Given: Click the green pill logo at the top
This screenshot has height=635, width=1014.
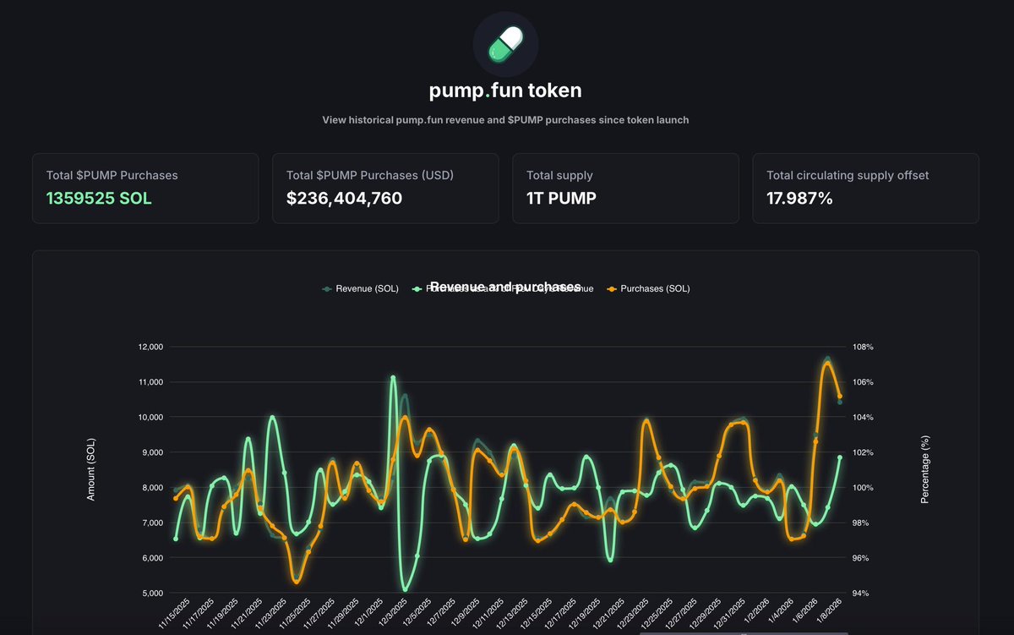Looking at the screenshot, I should pos(505,44).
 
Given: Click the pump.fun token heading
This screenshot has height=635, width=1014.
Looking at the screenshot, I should pos(505,90).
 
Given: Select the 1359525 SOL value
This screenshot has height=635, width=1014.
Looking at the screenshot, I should pos(99,199).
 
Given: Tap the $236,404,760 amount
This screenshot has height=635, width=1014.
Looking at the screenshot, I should pos(344,199).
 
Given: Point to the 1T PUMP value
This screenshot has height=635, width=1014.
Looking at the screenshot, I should pos(562,199).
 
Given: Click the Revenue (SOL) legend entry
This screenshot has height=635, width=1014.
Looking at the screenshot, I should pos(361,288).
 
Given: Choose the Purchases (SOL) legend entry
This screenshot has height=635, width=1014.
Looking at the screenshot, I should pos(654,288).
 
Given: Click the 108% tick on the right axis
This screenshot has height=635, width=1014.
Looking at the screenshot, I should pos(863,348).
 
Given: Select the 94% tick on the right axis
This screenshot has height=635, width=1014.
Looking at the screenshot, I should pos(861,594).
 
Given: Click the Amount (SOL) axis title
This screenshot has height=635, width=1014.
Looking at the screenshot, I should pos(91,469).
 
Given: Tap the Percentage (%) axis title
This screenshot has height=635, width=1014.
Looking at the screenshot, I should pos(924,469).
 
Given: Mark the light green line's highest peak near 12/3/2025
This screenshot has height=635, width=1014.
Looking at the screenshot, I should pos(393,378).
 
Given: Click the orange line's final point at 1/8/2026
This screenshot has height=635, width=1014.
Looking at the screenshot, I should pos(839,397).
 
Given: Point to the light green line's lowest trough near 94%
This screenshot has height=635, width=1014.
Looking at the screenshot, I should pos(405,589).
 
